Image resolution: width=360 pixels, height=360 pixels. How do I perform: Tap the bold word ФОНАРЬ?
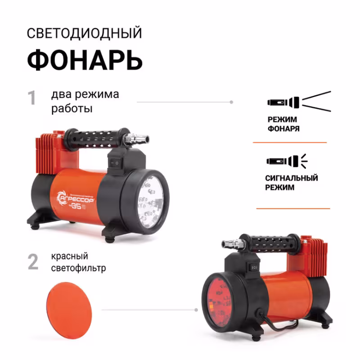pyautogui.click(x=85, y=60)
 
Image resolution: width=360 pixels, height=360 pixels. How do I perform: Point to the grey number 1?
pyautogui.click(x=32, y=98)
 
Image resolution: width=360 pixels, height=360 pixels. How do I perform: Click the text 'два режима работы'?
pyautogui.click(x=85, y=102)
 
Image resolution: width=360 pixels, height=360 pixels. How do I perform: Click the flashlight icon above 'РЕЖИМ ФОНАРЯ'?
pyautogui.click(x=298, y=101)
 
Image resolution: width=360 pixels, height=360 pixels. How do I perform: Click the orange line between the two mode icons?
pyautogui.click(x=290, y=142)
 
